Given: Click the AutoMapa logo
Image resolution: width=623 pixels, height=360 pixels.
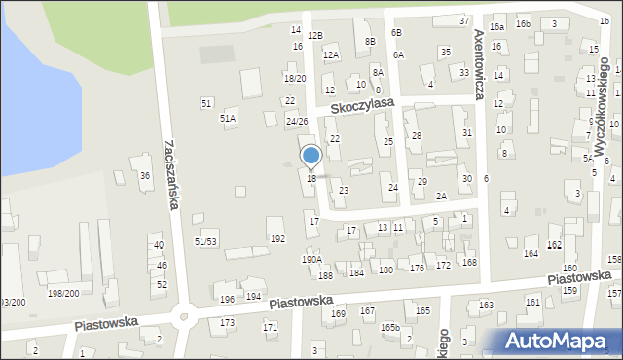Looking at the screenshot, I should [x=556, y=341].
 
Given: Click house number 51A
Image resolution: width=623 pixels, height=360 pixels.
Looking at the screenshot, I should [x=228, y=118].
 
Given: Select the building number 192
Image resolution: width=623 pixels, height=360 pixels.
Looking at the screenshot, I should [x=277, y=238].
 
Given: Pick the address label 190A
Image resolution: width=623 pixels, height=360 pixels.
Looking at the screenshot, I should [x=311, y=260].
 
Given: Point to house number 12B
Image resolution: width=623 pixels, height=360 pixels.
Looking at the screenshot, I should [x=314, y=36].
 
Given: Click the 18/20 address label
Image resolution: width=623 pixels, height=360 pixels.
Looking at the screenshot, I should [x=295, y=78].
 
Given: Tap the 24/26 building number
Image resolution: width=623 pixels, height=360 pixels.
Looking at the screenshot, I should [x=297, y=122].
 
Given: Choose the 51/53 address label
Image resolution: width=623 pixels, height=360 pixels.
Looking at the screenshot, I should [x=206, y=241].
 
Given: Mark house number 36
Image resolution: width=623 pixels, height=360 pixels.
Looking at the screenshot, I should [x=145, y=176].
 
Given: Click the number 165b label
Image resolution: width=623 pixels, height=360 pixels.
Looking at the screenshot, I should [x=390, y=328].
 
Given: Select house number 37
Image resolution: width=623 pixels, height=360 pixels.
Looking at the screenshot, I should [x=464, y=20].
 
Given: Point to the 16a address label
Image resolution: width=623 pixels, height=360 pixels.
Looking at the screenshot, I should [x=497, y=26].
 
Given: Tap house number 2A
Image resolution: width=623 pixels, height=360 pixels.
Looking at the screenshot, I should [x=441, y=197].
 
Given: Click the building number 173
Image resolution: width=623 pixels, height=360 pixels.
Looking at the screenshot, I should [x=228, y=322].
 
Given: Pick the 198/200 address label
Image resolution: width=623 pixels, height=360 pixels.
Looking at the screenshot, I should [x=64, y=293].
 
